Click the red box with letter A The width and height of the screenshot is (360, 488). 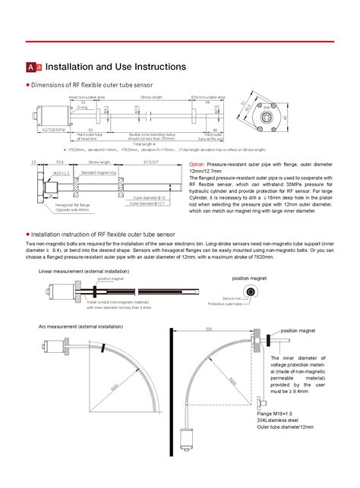pyautogui.click(x=30, y=68)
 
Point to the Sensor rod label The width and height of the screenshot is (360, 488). pyautogui.click(x=232, y=298)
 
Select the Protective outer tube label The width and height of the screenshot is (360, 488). pyautogui.click(x=227, y=304)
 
